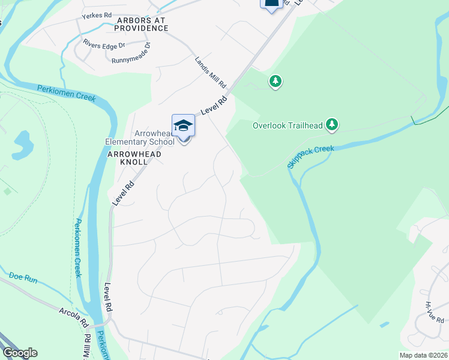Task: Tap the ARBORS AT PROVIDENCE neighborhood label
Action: point(140,24)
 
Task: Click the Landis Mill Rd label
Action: point(209,71)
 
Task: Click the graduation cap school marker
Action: point(183,125)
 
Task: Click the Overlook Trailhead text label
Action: point(288,126)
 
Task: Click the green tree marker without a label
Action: point(276,80)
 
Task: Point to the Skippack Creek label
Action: point(310,155)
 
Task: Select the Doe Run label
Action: point(23,277)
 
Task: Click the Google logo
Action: point(19,353)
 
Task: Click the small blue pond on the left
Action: point(22,145)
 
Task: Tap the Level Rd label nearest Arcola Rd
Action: point(108,296)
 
